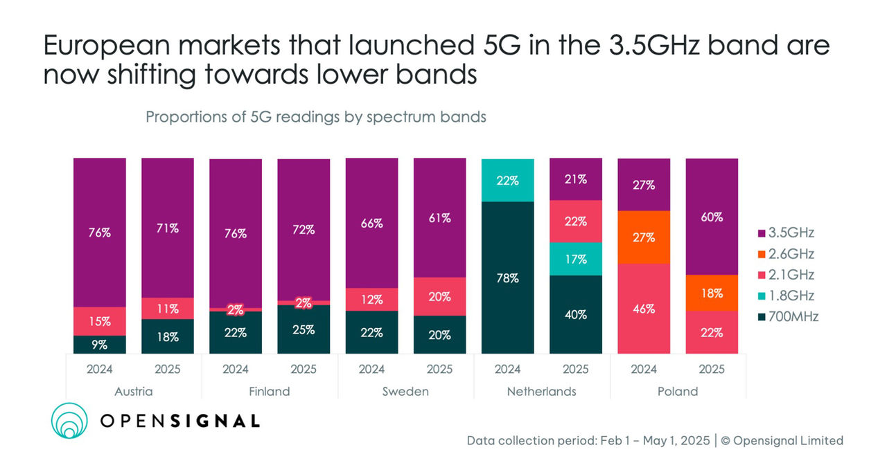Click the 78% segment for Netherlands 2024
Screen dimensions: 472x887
pos(507,278)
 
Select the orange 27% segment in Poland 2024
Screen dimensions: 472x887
pos(643,237)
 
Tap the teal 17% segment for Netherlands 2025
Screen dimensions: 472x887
pos(575,259)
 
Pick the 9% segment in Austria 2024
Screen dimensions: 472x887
pos(100,345)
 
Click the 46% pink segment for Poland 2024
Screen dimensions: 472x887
pos(643,309)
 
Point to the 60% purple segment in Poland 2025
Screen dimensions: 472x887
pos(711,217)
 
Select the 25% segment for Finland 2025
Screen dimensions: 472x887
pos(304,329)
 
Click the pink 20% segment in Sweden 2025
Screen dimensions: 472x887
pos(439,296)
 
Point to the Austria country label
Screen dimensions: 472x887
pos(133,391)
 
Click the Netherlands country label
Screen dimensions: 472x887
pos(541,391)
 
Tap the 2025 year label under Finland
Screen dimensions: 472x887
pos(304,369)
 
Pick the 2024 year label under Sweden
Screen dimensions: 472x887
pos(371,369)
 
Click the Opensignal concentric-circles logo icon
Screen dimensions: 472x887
pos(71,420)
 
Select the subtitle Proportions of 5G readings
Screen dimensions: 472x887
pos(315,117)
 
